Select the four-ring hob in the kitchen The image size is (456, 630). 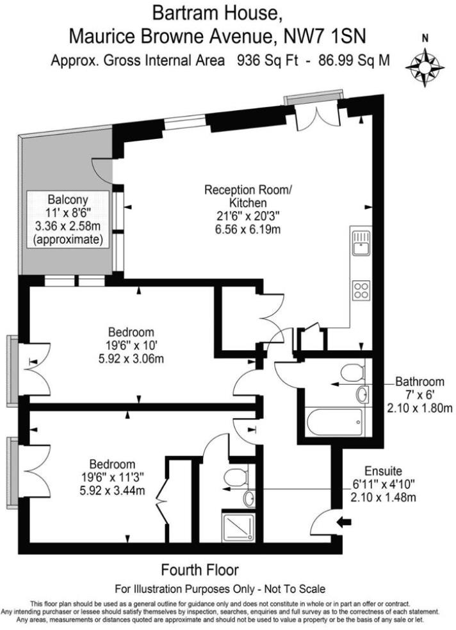click(361, 290)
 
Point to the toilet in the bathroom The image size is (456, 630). click(352, 371)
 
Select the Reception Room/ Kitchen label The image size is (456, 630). click(247, 197)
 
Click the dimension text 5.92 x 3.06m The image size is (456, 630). click(131, 359)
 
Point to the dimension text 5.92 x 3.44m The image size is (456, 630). click(112, 491)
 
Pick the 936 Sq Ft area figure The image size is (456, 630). click(265, 61)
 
